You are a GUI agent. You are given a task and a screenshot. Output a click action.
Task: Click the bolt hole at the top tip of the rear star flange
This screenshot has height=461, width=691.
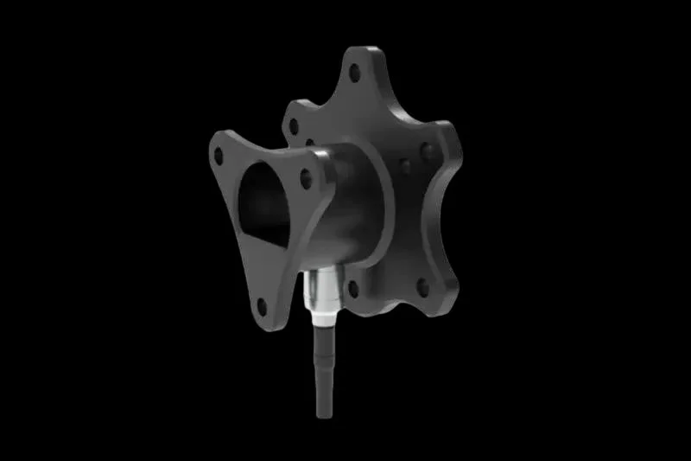[354, 73]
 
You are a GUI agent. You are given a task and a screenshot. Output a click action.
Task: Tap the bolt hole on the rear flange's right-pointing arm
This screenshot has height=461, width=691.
[428, 152]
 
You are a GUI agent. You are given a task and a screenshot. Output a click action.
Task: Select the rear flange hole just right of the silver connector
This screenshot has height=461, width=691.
[352, 287]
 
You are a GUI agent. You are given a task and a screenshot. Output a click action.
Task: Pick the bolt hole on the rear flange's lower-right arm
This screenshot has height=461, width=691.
[422, 286]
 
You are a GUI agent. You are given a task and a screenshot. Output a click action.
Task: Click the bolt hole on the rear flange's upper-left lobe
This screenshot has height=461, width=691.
[294, 126]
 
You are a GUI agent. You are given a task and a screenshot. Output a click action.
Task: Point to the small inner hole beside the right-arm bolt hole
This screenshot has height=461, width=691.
[405, 163]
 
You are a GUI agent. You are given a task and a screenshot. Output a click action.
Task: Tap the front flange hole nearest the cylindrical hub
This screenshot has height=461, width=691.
[306, 179]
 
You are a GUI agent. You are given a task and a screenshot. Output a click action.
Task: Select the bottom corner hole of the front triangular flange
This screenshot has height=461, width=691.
[262, 304]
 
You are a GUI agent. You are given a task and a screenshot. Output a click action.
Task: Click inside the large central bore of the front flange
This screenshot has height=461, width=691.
[263, 203]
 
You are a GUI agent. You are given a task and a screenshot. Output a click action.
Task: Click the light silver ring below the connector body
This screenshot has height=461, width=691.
[321, 322]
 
